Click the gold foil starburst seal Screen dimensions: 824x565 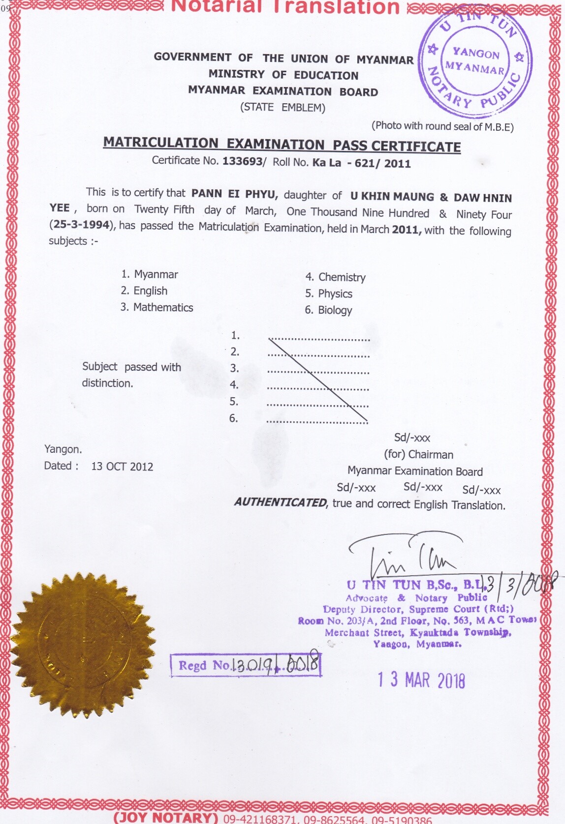pyautogui.click(x=83, y=645)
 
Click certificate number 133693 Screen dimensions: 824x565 pyautogui.click(x=243, y=161)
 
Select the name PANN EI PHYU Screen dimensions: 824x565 pyautogui.click(x=235, y=194)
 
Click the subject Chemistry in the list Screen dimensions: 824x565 pyautogui.click(x=342, y=277)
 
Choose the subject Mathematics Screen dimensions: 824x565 pyautogui.click(x=163, y=308)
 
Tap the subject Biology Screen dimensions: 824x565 pyautogui.click(x=335, y=310)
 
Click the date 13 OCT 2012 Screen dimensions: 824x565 pyautogui.click(x=122, y=467)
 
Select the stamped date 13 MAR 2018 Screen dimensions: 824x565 pyautogui.click(x=421, y=680)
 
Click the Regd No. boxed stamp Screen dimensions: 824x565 pyautogui.click(x=246, y=665)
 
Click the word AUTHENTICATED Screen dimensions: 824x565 pyautogui.click(x=280, y=502)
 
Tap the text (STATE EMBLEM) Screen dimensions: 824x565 pyautogui.click(x=282, y=108)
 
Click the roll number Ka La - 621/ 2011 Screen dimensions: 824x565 pyautogui.click(x=361, y=163)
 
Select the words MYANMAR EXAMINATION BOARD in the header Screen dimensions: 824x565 pyautogui.click(x=283, y=91)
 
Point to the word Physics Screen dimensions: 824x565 pyautogui.click(x=335, y=294)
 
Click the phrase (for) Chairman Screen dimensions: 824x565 pyautogui.click(x=418, y=454)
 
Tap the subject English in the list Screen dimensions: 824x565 pyautogui.click(x=150, y=291)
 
